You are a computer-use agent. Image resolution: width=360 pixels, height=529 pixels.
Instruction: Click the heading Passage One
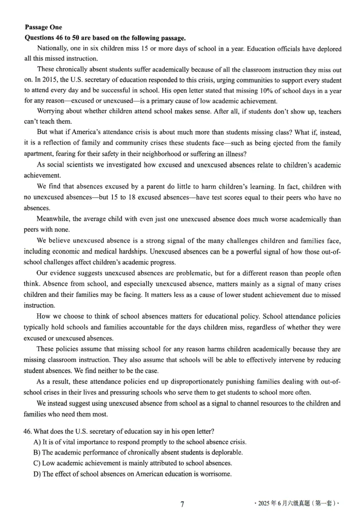43,27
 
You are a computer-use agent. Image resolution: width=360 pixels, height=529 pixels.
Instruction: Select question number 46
28,431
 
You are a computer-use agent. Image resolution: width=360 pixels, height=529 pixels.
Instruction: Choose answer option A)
37,442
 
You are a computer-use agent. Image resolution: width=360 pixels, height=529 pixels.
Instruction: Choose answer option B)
37,452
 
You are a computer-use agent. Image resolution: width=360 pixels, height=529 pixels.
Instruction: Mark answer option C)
37,463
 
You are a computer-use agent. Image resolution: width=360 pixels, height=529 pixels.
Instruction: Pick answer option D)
37,474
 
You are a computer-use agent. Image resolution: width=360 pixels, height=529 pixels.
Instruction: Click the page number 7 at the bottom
182,504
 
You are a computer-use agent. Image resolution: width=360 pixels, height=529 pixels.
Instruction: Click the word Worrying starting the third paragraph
51,112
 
